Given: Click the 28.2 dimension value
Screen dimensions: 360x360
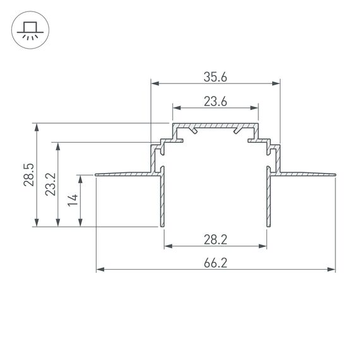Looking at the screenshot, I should point(215,240).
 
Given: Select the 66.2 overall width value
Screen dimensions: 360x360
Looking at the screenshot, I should point(215,263).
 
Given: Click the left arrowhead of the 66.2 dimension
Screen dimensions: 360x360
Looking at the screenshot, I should point(100,270).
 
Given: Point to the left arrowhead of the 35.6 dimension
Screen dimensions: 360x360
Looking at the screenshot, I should point(155,83).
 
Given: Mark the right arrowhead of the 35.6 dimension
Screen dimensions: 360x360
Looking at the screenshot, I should point(276,83).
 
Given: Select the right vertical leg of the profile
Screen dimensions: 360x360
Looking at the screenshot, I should point(269,202).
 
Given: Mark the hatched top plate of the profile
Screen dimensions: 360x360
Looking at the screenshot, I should point(215,126).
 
